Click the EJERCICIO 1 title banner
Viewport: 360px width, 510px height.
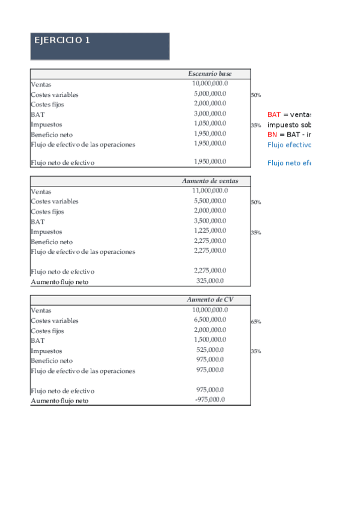pyautogui.click(x=100, y=46)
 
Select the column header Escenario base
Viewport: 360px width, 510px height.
pyautogui.click(x=210, y=73)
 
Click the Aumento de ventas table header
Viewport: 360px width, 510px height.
pyautogui.click(x=210, y=181)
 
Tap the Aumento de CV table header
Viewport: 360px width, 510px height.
pyautogui.click(x=210, y=300)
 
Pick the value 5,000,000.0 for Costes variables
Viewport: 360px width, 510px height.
pyautogui.click(x=210, y=94)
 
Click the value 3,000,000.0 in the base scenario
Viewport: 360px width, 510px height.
pyautogui.click(x=210, y=114)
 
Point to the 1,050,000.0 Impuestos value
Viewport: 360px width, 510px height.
pyautogui.click(x=210, y=123)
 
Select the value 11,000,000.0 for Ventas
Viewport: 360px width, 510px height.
pyautogui.click(x=210, y=191)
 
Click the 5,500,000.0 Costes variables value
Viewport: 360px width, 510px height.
pyautogui.click(x=210, y=201)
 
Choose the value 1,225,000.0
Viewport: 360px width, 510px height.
pyautogui.click(x=210, y=230)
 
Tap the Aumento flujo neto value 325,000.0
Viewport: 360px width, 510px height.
pyautogui.click(x=210, y=280)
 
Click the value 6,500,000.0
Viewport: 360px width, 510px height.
pyautogui.click(x=210, y=320)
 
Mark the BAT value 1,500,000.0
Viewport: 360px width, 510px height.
pyautogui.click(x=210, y=340)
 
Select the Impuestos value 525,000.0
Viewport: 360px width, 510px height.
pyautogui.click(x=210, y=349)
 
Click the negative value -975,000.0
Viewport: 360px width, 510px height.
pyautogui.click(x=210, y=399)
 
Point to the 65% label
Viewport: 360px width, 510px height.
pyautogui.click(x=255, y=322)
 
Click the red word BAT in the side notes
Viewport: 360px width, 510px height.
pyautogui.click(x=273, y=114)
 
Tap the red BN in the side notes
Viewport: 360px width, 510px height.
pyautogui.click(x=272, y=134)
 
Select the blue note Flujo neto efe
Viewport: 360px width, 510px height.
pyautogui.click(x=288, y=163)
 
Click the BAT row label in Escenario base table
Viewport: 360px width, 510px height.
pyautogui.click(x=37, y=114)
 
